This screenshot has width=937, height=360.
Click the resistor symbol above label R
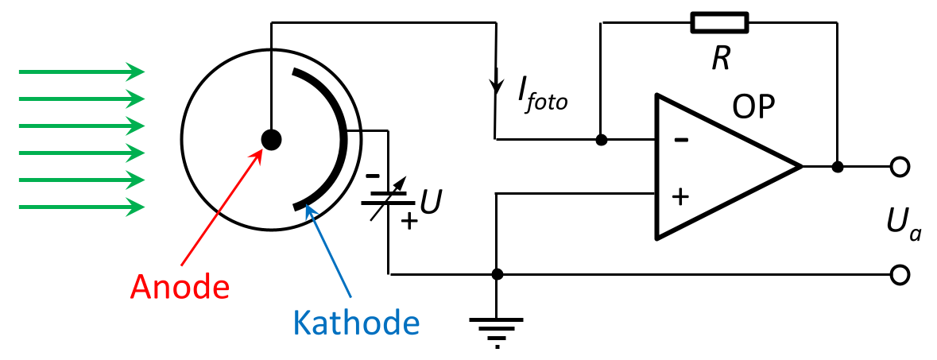720,23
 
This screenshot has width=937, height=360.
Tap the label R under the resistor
720,59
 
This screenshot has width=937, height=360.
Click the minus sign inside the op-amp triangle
680,140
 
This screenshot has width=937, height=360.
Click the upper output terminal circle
899,167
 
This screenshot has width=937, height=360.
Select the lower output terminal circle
899,275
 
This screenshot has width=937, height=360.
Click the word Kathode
355,321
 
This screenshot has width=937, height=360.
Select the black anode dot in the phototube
272,140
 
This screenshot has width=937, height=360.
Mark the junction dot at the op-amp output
838,167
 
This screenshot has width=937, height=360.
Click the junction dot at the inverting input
602,140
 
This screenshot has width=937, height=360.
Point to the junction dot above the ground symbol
497,275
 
